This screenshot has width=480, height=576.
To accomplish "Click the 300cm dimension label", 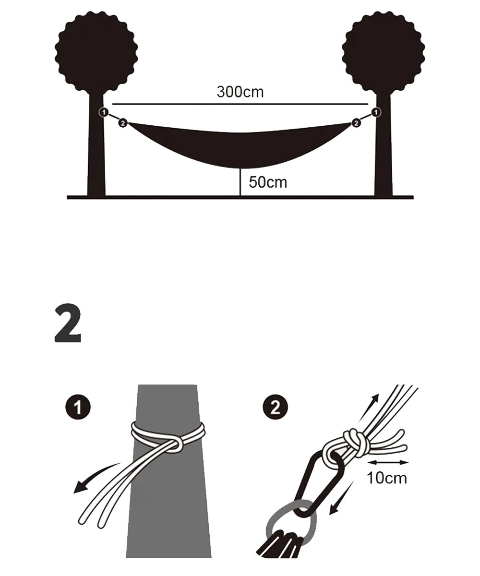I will [x=240, y=92].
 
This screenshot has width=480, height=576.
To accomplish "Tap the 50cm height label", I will [x=268, y=182].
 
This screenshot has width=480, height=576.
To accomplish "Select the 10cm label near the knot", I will [x=387, y=478].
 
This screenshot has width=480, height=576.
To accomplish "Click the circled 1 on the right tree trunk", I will [x=377, y=112].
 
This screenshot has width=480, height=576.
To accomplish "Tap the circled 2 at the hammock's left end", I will [x=122, y=123].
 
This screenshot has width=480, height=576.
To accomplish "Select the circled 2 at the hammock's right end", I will [x=356, y=123].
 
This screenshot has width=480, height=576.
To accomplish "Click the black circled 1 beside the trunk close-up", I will [x=78, y=408].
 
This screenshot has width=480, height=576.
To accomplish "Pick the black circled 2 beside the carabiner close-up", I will [x=275, y=408].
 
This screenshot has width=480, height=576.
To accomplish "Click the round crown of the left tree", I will [x=96, y=52].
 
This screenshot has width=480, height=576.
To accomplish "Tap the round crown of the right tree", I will [x=384, y=52].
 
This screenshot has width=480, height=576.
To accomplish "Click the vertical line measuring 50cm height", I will [x=240, y=182].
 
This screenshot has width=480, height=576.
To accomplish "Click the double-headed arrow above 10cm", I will [x=388, y=462].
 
